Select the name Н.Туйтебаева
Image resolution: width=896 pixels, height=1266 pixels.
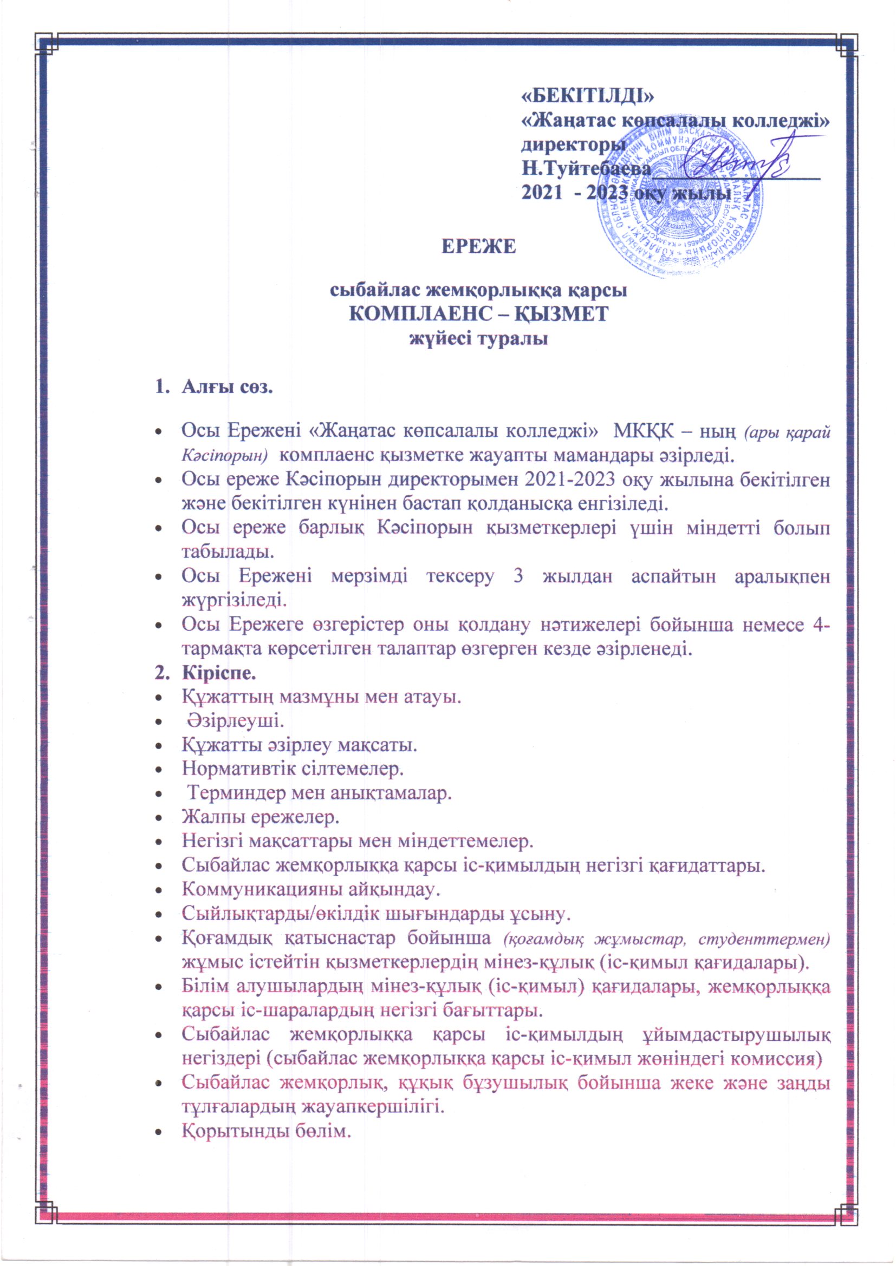(x=587, y=169)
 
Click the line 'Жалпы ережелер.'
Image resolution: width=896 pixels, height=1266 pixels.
(x=261, y=817)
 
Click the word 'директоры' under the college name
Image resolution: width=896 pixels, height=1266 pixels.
(x=573, y=145)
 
